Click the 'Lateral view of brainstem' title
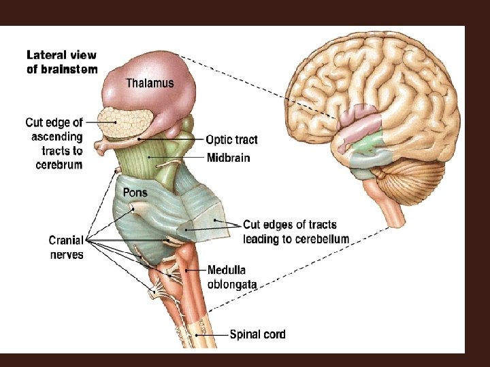click(x=62, y=61)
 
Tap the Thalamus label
click(x=150, y=84)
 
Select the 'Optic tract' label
click(x=232, y=140)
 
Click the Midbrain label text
click(x=228, y=158)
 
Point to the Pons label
click(x=135, y=192)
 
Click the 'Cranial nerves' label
click(x=66, y=247)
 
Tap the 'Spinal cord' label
click(x=257, y=334)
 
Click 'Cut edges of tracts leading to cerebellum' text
click(x=295, y=232)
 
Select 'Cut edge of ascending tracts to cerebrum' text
click(x=54, y=143)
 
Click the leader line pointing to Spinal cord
click(x=212, y=334)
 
